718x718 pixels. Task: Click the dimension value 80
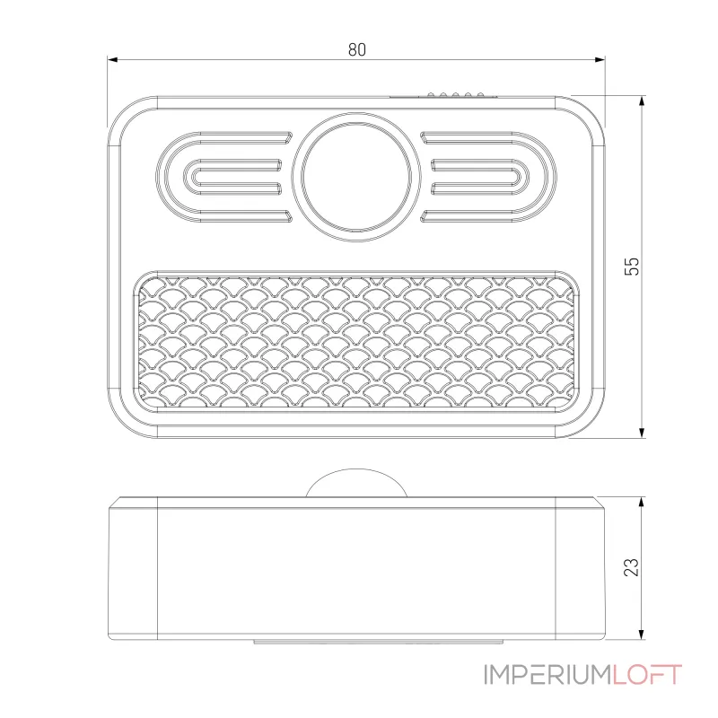tap(356, 49)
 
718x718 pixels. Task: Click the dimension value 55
tap(632, 266)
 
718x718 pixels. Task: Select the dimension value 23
tap(632, 567)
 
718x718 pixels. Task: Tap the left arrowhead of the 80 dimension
tap(113, 59)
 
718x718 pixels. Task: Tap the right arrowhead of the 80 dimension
tap(600, 59)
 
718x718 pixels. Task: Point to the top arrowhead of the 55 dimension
tap(642, 101)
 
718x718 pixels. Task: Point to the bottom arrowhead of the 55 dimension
tap(642, 433)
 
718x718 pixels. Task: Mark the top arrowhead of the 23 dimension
tap(642, 503)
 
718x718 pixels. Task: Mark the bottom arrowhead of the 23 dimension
tap(642, 635)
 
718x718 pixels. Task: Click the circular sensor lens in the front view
tap(356, 177)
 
